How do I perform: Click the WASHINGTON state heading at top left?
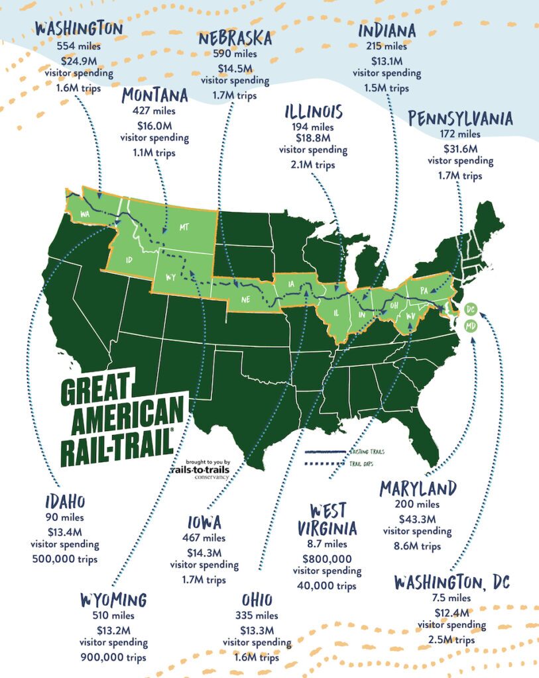coord(79,28)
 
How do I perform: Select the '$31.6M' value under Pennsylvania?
coord(459,148)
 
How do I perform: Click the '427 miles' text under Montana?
coord(154,111)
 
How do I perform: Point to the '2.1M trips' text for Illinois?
coord(313,165)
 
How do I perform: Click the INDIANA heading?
coord(387,30)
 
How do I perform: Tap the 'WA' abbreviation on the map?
coord(86,214)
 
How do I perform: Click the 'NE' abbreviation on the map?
coord(245,299)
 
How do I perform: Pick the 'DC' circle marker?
coord(471,310)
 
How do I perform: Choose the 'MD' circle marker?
coord(471,326)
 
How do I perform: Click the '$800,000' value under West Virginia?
coord(327,557)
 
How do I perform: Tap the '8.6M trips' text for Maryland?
coord(417,546)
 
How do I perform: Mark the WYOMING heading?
coord(113,600)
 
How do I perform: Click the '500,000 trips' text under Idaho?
coord(64,559)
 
